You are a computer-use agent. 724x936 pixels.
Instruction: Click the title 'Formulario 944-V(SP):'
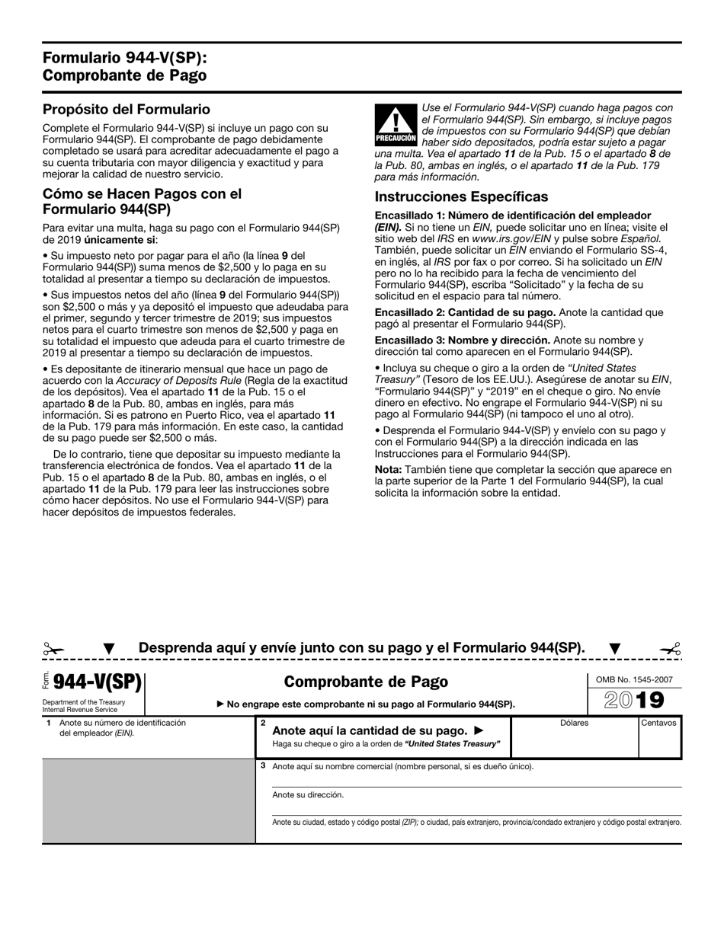[x=124, y=59]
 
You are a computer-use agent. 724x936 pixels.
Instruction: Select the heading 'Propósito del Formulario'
[x=126, y=110]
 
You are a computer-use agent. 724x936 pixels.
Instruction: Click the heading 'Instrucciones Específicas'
[x=461, y=197]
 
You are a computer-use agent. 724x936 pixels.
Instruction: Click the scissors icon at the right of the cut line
[x=670, y=649]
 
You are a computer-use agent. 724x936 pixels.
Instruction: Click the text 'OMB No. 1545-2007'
[x=634, y=679]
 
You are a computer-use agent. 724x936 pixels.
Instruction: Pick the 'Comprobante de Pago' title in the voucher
[x=366, y=682]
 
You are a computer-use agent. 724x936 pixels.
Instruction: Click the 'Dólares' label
[x=574, y=723]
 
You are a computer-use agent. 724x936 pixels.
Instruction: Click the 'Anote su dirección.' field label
[x=308, y=794]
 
